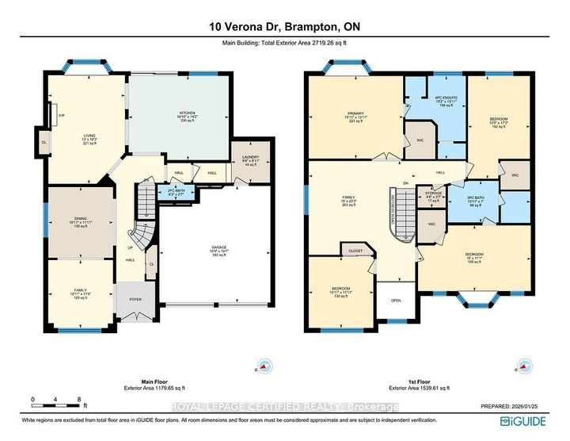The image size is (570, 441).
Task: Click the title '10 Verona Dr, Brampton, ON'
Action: click(x=285, y=28)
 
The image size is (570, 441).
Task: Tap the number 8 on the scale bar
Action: click(x=80, y=398)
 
